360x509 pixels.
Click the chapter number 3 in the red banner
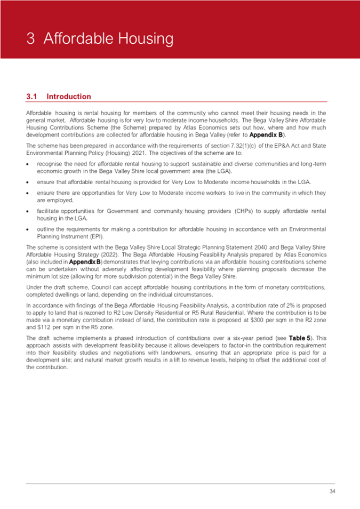coord(32,39)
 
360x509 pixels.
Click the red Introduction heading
coord(69,97)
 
